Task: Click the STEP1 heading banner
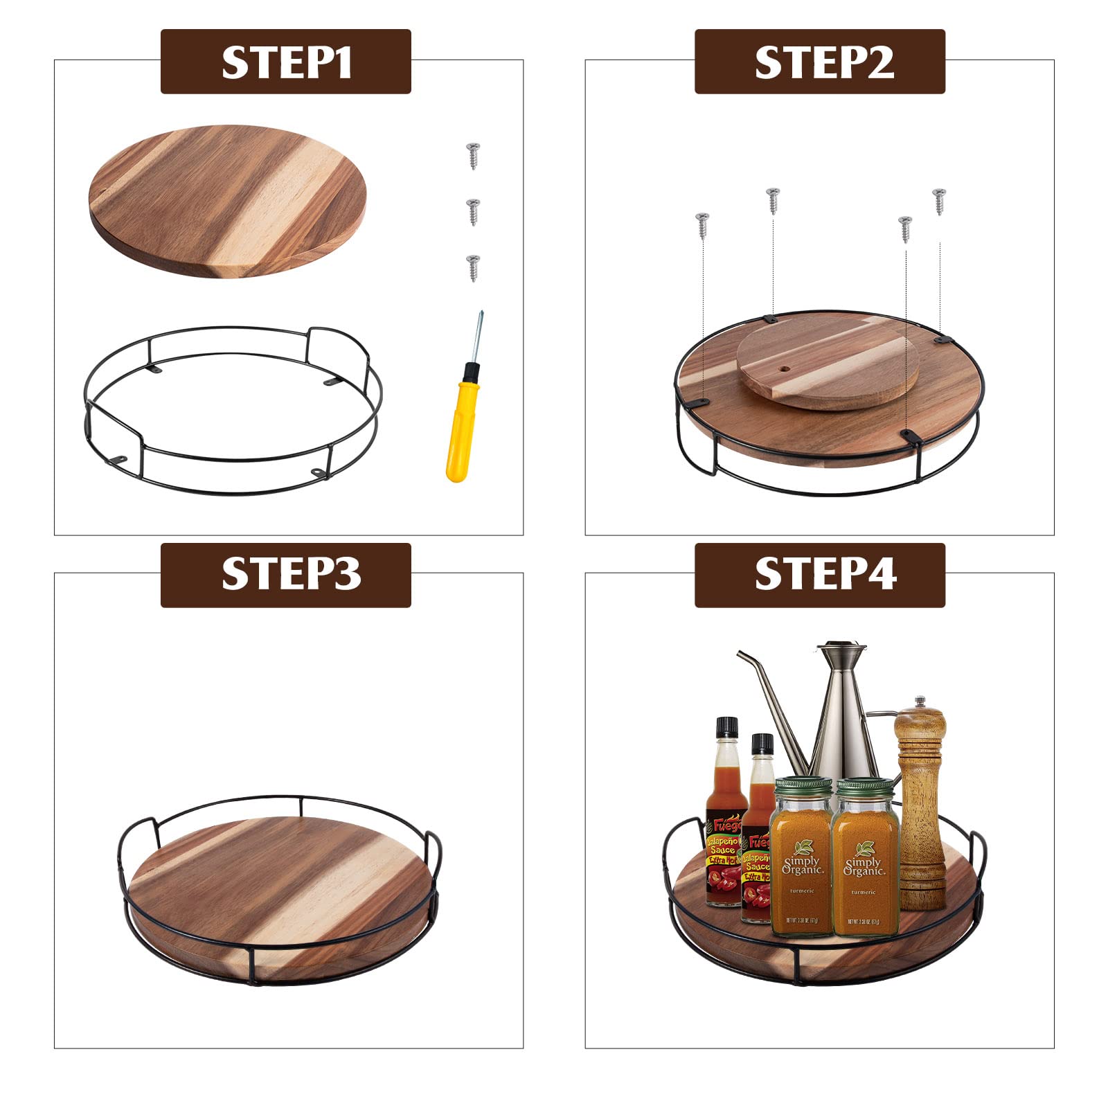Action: coord(285,62)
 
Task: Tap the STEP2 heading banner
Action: coord(819,62)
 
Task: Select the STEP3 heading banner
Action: coord(285,575)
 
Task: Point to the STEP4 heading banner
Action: coord(819,575)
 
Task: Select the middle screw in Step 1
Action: coord(473,211)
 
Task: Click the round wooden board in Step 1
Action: coord(227,201)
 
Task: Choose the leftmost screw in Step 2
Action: coord(702,226)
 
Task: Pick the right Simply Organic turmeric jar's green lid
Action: coord(865,787)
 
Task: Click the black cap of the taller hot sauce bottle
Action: coord(726,727)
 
